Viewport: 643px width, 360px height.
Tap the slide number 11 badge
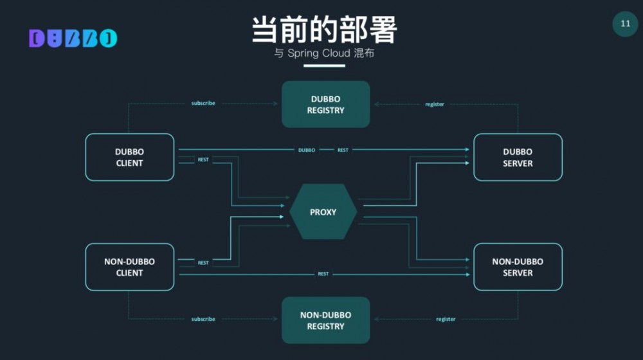coord(625,24)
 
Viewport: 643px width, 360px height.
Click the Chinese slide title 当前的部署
coord(324,29)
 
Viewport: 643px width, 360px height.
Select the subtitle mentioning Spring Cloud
coord(324,53)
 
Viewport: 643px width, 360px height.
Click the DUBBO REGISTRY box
coord(325,104)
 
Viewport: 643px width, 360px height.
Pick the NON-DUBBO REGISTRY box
coord(325,320)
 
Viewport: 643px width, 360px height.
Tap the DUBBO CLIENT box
coord(130,157)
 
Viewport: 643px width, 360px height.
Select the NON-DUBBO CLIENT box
coord(130,267)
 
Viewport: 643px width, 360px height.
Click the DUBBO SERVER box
coord(518,157)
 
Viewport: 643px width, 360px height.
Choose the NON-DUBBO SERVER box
coord(518,267)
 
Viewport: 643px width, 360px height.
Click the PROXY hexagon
coord(323,212)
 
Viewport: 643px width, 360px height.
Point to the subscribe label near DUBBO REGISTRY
coord(203,103)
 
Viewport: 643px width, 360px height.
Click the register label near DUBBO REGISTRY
coord(435,104)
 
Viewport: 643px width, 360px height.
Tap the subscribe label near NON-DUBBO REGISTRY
coord(203,319)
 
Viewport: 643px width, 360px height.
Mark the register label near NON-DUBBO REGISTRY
coord(446,319)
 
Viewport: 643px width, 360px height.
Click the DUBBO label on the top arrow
coord(307,150)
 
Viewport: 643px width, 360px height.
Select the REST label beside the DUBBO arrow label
coord(343,150)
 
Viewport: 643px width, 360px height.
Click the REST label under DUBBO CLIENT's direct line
coord(203,159)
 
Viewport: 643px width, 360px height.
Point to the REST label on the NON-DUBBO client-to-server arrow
coord(323,274)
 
